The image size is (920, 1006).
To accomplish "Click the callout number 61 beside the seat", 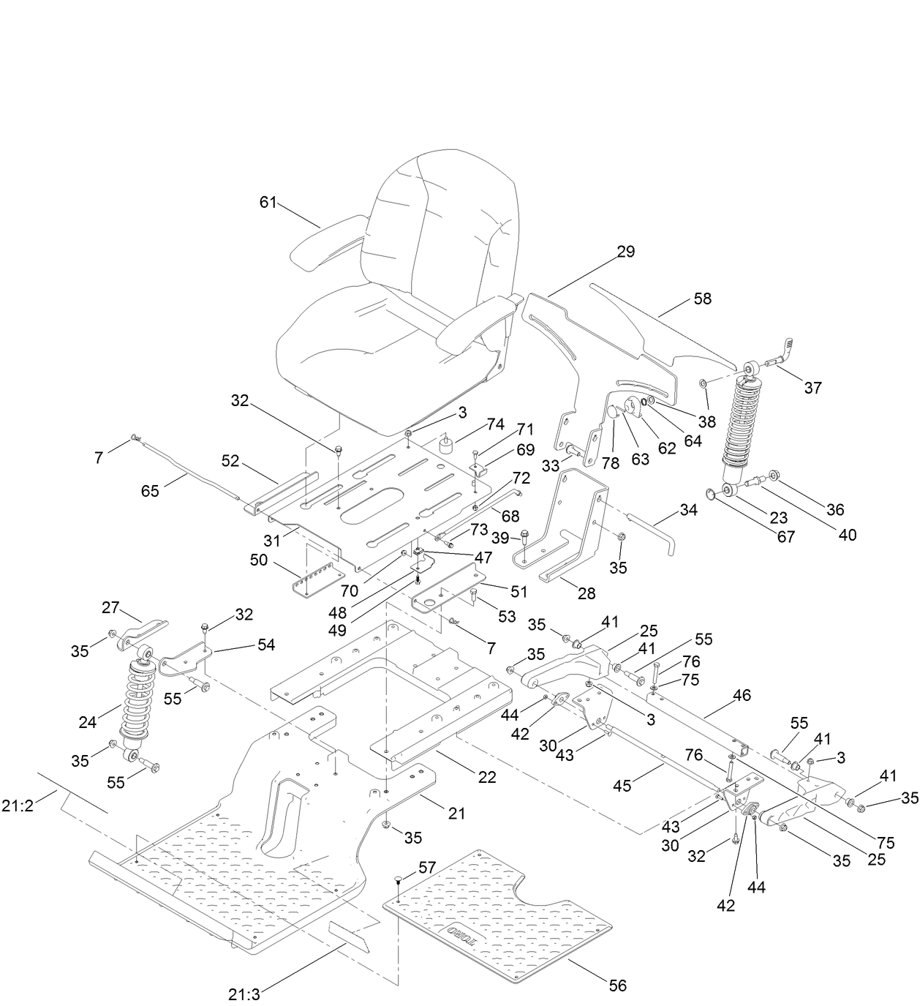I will [268, 202].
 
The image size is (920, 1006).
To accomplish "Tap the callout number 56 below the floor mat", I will [618, 986].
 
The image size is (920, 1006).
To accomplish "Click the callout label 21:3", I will [244, 994].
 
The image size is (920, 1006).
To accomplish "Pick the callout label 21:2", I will [20, 806].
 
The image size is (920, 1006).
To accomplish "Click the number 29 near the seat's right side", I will [625, 252].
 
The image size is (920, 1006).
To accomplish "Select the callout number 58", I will [702, 299].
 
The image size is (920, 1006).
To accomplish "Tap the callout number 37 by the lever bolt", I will [812, 388].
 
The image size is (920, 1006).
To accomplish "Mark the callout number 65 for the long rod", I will [151, 491].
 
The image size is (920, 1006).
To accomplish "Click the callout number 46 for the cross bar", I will [742, 695].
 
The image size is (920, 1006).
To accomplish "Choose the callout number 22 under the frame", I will [487, 777].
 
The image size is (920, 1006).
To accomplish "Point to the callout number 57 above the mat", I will [427, 868].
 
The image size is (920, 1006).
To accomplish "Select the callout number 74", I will [495, 424].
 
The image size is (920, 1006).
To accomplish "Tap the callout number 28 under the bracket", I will [587, 593].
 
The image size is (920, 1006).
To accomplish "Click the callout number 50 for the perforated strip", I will [259, 560].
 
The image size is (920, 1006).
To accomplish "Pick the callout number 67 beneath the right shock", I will [785, 536].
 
